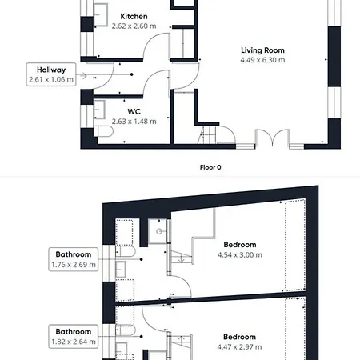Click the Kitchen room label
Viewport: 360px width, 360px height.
click(x=134, y=17)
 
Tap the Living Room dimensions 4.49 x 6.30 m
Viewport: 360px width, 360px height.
click(x=262, y=60)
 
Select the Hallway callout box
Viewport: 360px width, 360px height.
click(x=51, y=74)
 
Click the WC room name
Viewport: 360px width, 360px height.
click(x=134, y=111)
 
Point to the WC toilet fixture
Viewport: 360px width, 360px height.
click(x=103, y=131)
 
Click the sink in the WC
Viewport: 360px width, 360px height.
click(x=99, y=110)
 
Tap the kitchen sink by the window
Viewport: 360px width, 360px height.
click(x=101, y=14)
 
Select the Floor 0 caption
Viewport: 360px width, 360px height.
click(x=210, y=167)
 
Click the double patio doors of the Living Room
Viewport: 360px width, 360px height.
click(x=273, y=138)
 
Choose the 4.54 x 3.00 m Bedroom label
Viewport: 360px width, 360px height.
click(x=240, y=250)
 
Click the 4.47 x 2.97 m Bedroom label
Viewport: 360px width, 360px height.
click(x=239, y=342)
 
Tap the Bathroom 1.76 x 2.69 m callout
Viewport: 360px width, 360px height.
click(x=74, y=259)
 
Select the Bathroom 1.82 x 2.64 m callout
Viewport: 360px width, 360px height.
click(x=74, y=337)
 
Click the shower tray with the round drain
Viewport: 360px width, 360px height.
click(x=158, y=231)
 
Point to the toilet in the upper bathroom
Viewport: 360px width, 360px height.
click(x=126, y=251)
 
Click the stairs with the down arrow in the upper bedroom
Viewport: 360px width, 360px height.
click(x=182, y=258)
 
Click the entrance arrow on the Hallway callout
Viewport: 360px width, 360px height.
click(x=83, y=75)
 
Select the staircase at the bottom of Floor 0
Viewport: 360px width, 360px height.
click(x=207, y=135)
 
